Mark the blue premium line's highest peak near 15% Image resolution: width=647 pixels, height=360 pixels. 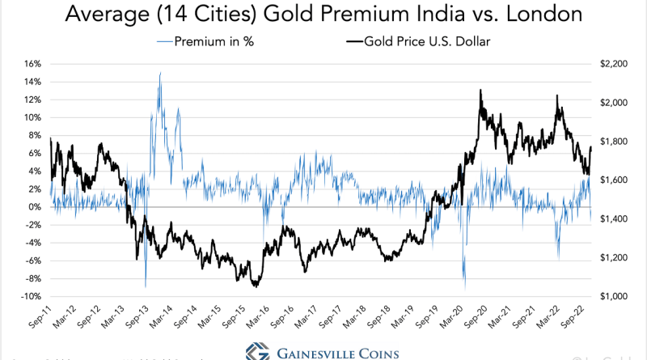click(159, 74)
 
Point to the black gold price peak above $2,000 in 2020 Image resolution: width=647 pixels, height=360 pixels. click(481, 90)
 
